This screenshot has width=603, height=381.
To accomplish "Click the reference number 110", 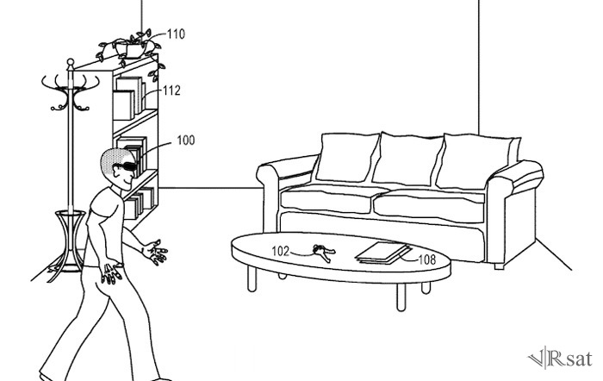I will pyautogui.click(x=177, y=34).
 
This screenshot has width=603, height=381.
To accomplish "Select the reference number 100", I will pyautogui.click(x=185, y=140).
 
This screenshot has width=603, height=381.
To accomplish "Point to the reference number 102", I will pyautogui.click(x=281, y=253).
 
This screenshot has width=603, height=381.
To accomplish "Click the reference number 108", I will pyautogui.click(x=428, y=257).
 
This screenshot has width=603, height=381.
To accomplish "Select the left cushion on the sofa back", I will pyautogui.click(x=346, y=159).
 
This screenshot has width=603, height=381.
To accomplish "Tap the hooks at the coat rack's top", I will pyautogui.click(x=68, y=91).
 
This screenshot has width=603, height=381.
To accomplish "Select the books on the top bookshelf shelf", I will pyautogui.click(x=129, y=97).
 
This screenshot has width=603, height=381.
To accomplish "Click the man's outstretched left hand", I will pyautogui.click(x=155, y=252).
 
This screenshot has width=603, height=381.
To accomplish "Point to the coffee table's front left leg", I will pyautogui.click(x=251, y=278).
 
